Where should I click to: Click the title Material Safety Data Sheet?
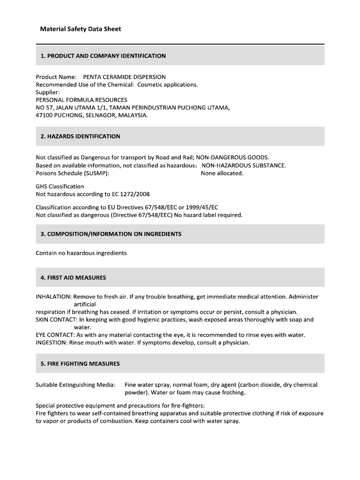(x=80, y=29)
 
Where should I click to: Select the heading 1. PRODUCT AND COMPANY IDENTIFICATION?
(x=103, y=56)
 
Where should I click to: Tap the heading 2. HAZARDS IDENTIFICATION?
(x=80, y=136)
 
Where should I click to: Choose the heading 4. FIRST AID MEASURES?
(x=73, y=277)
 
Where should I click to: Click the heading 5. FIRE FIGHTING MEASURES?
(x=80, y=363)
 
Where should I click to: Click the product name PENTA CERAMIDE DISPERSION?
(x=124, y=77)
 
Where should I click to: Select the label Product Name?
(x=56, y=77)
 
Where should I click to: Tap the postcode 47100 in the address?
(x=45, y=115)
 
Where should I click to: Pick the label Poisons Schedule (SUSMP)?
(x=73, y=173)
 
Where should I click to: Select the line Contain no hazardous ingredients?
(x=81, y=253)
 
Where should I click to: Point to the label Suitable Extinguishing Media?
(x=75, y=385)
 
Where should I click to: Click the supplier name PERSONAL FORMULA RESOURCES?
(x=82, y=100)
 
